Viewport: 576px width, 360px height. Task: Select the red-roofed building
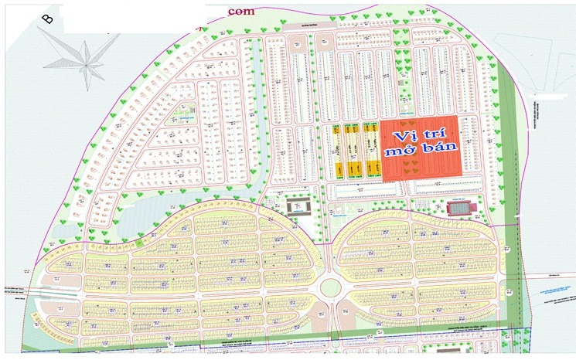pyautogui.click(x=459, y=207)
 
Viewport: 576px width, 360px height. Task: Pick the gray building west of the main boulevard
pyautogui.click(x=298, y=206)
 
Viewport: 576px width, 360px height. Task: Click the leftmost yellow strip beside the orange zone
pyautogui.click(x=336, y=151)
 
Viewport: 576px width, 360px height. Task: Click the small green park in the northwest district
pyautogui.click(x=183, y=113)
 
